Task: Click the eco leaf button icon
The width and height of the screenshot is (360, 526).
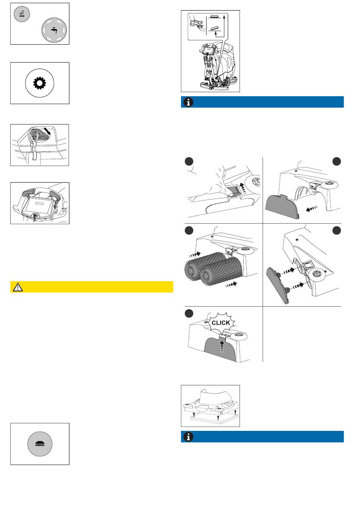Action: [22, 14]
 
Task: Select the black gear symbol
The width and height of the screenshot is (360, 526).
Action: [39, 83]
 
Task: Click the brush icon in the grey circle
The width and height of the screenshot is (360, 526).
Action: [39, 444]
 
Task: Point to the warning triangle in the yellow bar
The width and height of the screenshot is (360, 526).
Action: [17, 287]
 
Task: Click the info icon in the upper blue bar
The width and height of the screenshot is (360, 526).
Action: [188, 102]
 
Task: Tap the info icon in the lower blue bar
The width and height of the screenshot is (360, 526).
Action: [188, 437]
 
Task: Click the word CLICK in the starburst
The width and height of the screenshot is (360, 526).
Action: [221, 323]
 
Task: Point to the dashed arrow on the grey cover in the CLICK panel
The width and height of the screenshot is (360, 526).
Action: [222, 346]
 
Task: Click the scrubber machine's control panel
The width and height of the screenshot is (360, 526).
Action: [210, 49]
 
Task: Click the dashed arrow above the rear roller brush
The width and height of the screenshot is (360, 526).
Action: [194, 255]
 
